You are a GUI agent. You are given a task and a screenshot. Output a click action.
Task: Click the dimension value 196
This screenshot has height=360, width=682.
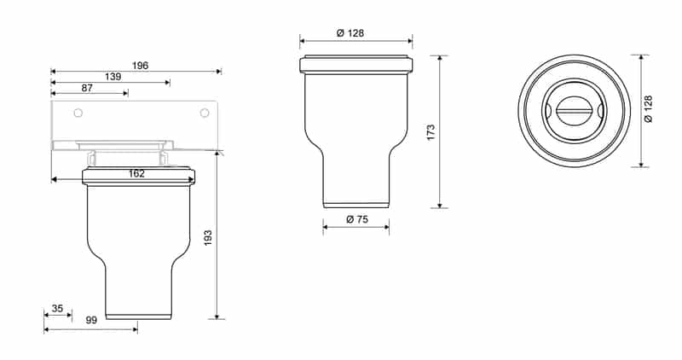140,65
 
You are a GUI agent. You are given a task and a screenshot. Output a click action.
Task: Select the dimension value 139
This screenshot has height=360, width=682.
113,77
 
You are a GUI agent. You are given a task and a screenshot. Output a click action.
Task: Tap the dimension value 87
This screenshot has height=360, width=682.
88,88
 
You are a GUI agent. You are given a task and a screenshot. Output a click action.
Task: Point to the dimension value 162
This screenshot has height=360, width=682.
136,173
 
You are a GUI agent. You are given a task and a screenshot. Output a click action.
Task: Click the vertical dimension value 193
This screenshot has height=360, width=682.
208,238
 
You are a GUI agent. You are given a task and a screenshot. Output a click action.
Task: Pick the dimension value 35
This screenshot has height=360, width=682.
57,309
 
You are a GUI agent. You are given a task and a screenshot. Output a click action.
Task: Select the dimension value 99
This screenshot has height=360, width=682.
90,320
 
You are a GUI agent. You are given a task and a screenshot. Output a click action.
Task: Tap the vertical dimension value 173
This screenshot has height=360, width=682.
431,132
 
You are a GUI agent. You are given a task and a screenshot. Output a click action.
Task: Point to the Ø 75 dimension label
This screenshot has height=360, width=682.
355,219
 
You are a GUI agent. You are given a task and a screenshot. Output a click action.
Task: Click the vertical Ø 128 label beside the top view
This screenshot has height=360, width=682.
649,110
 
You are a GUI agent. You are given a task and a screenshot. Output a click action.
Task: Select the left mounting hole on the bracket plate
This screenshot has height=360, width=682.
78,113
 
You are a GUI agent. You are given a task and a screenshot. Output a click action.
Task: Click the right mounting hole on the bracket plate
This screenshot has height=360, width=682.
204,113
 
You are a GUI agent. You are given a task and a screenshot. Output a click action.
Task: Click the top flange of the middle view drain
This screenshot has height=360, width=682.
356,65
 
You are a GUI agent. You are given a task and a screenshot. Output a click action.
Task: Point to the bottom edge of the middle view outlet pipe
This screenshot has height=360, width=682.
356,206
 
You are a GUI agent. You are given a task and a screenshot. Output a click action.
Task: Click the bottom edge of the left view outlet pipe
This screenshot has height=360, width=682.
138,316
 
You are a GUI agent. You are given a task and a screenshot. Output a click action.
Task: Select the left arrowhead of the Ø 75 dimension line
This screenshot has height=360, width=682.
326,226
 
